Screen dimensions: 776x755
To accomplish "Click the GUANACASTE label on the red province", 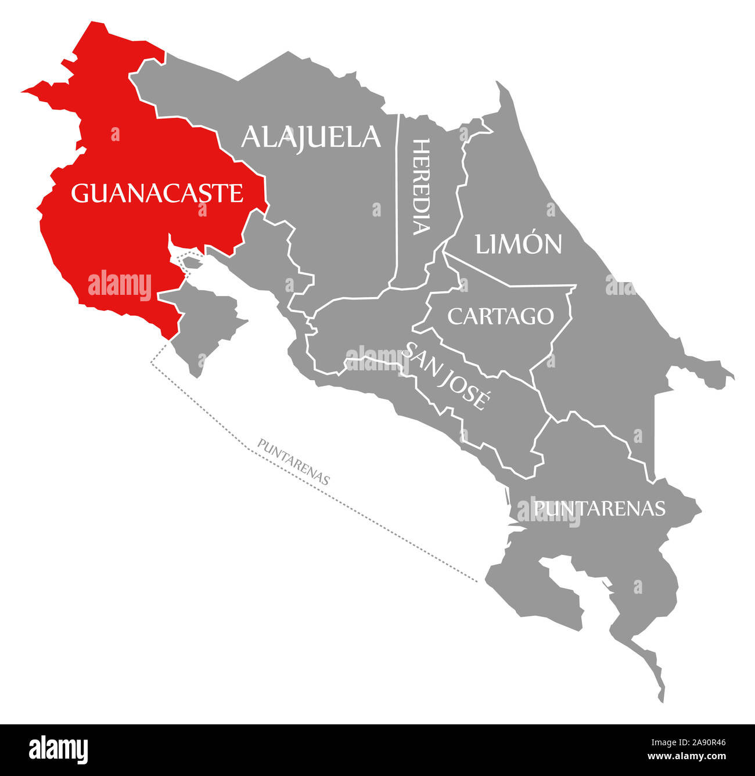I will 157,193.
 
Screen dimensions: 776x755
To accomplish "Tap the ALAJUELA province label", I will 311,137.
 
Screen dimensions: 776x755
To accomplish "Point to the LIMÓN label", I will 519,244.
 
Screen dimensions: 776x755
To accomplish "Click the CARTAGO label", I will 500,316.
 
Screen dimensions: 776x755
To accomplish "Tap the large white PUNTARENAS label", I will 599,508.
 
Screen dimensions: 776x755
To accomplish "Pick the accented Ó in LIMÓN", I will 532,244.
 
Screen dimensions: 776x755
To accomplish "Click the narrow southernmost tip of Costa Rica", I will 660,696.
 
